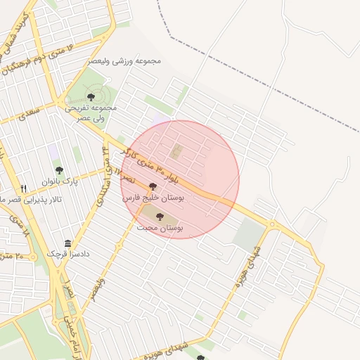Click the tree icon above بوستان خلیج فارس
point(153,187)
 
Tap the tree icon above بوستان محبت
point(159,217)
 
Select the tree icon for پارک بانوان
point(59,170)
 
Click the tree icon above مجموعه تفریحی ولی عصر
point(91,96)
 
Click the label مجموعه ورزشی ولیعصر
point(125,61)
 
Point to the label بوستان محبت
point(160,229)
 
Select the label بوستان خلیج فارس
point(153,199)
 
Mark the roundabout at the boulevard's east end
point(271,224)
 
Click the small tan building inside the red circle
point(176,151)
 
